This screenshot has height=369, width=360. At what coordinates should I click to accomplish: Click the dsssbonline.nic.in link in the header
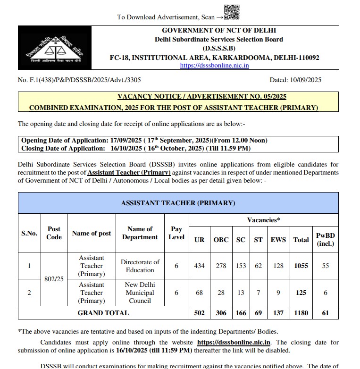pyautogui.click(x=214, y=66)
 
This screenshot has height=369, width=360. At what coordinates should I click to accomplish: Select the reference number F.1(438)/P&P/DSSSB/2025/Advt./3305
pyautogui.click(x=79, y=80)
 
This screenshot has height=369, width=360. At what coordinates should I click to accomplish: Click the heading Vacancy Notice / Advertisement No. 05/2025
pyautogui.click(x=201, y=97)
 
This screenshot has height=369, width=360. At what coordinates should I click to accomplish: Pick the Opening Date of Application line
pyautogui.click(x=144, y=141)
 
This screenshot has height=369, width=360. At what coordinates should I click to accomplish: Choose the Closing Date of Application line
pyautogui.click(x=136, y=148)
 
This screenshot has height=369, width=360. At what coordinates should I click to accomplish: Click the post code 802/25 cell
pyautogui.click(x=54, y=279)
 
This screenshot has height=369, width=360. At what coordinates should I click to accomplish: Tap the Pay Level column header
pyautogui.click(x=176, y=233)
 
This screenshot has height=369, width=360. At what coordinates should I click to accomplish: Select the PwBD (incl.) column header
pyautogui.click(x=325, y=239)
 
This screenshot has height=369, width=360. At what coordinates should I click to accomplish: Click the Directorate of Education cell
pyautogui.click(x=140, y=266)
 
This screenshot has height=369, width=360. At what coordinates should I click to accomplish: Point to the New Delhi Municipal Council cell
pyautogui.click(x=140, y=293)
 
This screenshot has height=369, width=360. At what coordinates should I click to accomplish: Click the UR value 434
pyautogui.click(x=199, y=266)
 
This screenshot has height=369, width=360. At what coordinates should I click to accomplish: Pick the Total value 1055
pyautogui.click(x=301, y=266)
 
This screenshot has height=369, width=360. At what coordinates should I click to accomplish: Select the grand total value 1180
pyautogui.click(x=301, y=312)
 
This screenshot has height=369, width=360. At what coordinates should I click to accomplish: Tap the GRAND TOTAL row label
pyautogui.click(x=103, y=312)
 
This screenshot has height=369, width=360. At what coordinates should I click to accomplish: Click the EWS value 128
pyautogui.click(x=278, y=266)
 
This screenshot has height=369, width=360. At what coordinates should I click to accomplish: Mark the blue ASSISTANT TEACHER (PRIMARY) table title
pyautogui.click(x=178, y=203)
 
